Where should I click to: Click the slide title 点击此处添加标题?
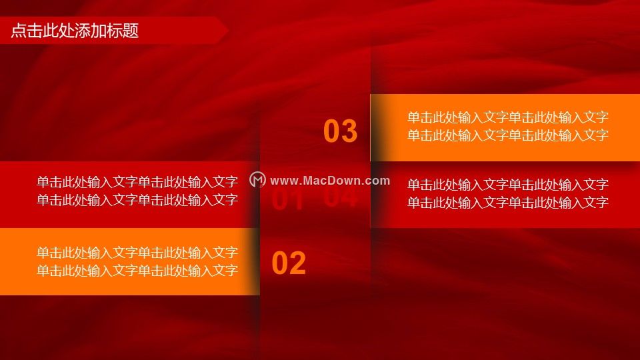pyautogui.click(x=75, y=31)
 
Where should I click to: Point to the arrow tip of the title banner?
pyautogui.click(x=228, y=30)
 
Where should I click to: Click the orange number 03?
pyautogui.click(x=341, y=131)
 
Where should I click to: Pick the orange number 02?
pyautogui.click(x=289, y=263)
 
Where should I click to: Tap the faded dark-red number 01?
pyautogui.click(x=288, y=200)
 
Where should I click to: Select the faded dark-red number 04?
pyautogui.click(x=341, y=196)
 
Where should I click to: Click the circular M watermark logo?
pyautogui.click(x=257, y=179)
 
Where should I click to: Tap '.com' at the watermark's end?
pyautogui.click(x=375, y=181)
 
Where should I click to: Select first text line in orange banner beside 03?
pyautogui.click(x=508, y=117)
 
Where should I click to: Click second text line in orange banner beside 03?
pyautogui.click(x=508, y=135)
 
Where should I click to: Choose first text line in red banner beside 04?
pyautogui.click(x=508, y=185)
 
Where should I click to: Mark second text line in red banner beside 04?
pyautogui.click(x=508, y=203)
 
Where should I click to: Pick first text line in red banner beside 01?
pyautogui.click(x=137, y=182)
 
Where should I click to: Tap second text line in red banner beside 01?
pyautogui.click(x=137, y=200)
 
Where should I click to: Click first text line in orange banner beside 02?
pyautogui.click(x=137, y=253)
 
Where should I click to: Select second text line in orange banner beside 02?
pyautogui.click(x=137, y=271)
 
